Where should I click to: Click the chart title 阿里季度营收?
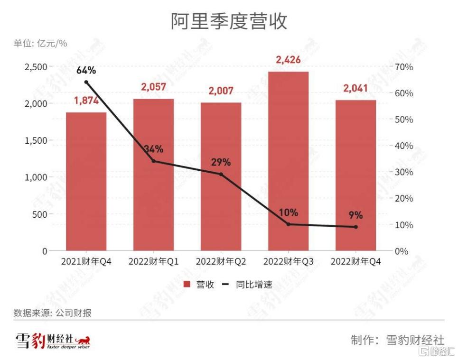tap(229, 21)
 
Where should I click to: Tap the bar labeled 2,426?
tap(288, 161)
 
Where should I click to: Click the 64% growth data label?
tap(86, 70)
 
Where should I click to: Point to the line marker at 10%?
tap(288, 224)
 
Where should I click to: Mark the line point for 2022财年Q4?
tap(355, 227)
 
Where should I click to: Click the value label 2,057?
tap(153, 87)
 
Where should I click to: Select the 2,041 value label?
tap(356, 89)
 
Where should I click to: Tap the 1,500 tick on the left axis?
tap(36, 140)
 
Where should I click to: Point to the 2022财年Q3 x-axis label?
tap(288, 261)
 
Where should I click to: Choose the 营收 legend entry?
tap(199, 285)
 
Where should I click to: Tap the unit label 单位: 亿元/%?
tap(40, 43)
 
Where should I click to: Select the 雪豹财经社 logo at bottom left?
tap(52, 341)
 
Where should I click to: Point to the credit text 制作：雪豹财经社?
tap(397, 340)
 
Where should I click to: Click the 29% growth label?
tap(221, 162)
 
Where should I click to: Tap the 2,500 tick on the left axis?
tap(36, 67)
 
